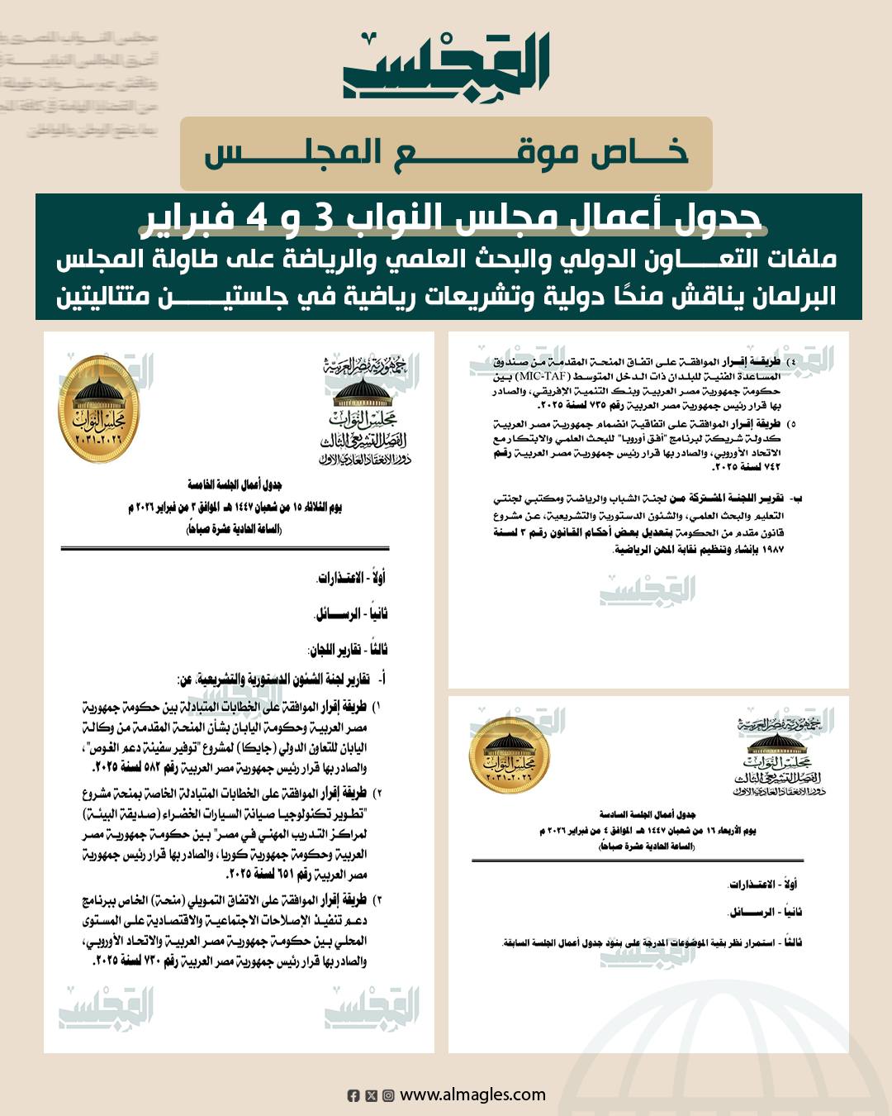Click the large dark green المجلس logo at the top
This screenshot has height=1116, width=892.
pyautogui.click(x=446, y=66)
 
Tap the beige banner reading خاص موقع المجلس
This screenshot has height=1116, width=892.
pyautogui.click(x=446, y=154)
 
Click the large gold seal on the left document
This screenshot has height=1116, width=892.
pyautogui.click(x=99, y=409)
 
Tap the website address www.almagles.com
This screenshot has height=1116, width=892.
pyautogui.click(x=472, y=1095)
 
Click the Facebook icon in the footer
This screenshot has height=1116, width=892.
pyautogui.click(x=353, y=1095)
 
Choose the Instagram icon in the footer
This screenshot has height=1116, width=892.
pyautogui.click(x=387, y=1095)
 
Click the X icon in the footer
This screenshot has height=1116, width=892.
pyautogui.click(x=371, y=1095)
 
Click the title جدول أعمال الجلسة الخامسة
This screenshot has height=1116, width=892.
pyautogui.click(x=235, y=484)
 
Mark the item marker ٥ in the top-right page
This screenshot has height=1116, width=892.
pyautogui.click(x=793, y=423)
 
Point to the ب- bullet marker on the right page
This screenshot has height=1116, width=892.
pyautogui.click(x=796, y=499)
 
